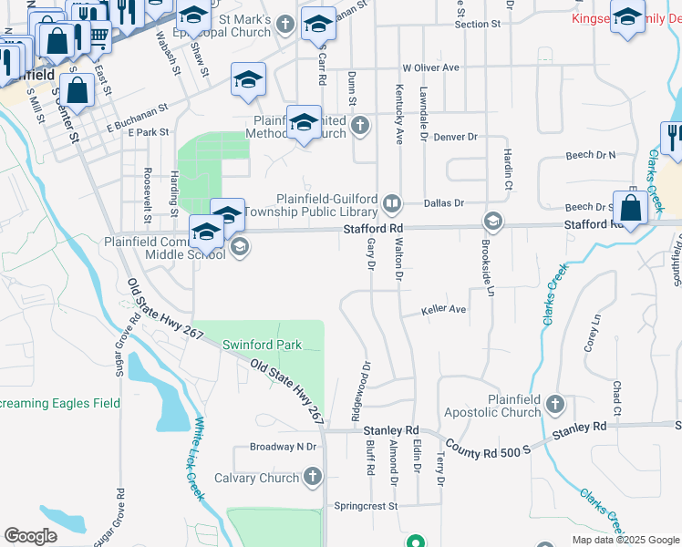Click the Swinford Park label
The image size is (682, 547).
262,346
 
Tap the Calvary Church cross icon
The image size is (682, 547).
313,477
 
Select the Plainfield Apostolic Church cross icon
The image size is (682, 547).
554,402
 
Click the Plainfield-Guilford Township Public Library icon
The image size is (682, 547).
392,202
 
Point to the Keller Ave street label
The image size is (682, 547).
443,311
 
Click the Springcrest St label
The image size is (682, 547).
367,505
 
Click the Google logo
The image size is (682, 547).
30,536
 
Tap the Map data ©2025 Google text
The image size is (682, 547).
625,540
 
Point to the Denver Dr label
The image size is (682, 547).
456,137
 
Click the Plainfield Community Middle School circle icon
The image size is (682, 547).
240,247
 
